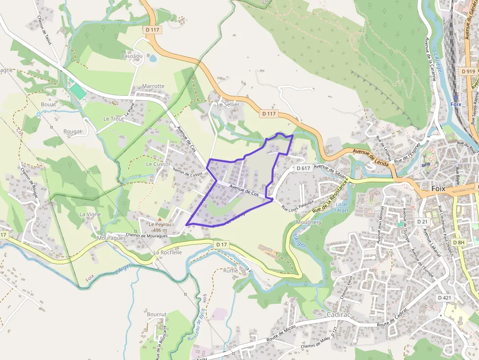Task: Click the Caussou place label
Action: [132, 56]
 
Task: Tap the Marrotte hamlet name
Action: [153, 86]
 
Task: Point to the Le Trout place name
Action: [113, 119]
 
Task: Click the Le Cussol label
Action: [158, 164]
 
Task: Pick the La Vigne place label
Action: [90, 214]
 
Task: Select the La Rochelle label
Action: [168, 253]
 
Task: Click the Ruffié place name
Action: [230, 271]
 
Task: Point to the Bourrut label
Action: [157, 314]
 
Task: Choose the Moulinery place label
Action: [308, 223]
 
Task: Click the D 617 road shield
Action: [304, 168]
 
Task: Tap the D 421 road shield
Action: [445, 297]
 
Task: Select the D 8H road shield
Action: [458, 242]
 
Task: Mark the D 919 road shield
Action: [468, 71]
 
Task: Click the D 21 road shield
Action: [422, 222]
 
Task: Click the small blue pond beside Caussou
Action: [153, 59]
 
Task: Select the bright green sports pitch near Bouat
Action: [77, 91]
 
